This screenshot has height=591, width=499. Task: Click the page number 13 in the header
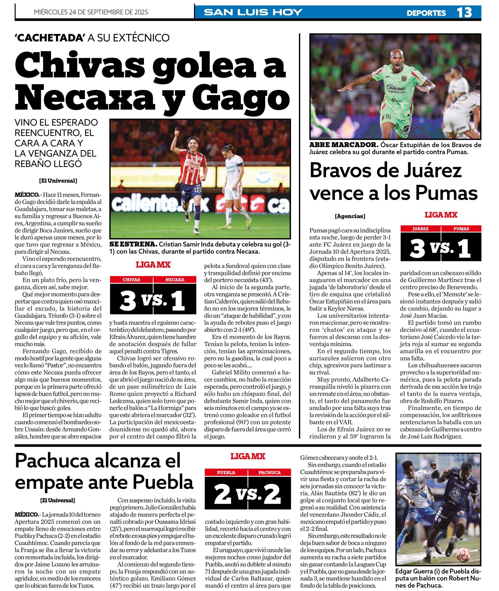pos(464,12)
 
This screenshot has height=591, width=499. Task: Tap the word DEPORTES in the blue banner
pos(426,13)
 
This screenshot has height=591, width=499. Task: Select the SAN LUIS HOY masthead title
pos(253,12)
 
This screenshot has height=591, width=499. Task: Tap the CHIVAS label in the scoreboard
pos(131,280)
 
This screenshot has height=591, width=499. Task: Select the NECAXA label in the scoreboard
pos(174,280)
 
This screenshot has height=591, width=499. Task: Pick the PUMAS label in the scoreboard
pos(461,229)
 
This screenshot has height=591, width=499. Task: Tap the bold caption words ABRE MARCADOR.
pos(344,145)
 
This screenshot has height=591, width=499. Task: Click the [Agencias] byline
pos(350,216)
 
